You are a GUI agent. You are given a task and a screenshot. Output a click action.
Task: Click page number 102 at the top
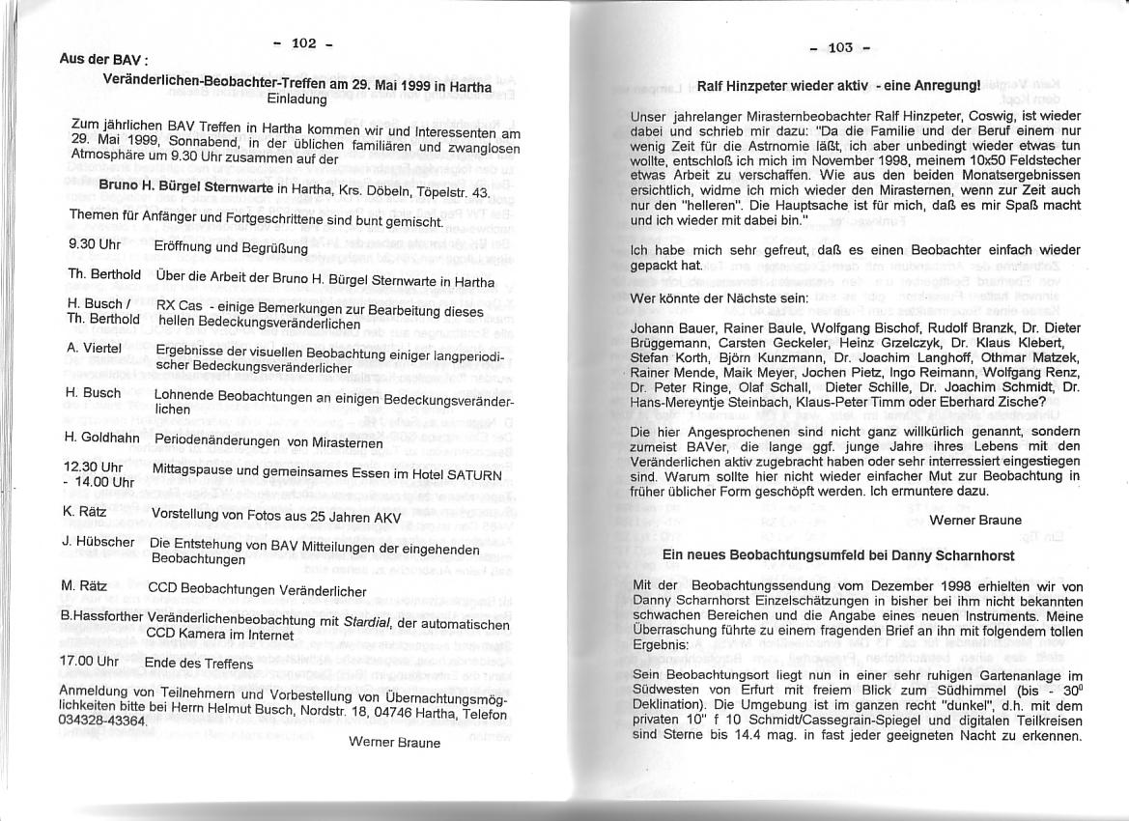pyautogui.click(x=302, y=42)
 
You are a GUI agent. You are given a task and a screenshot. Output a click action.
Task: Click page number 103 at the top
pyautogui.click(x=840, y=47)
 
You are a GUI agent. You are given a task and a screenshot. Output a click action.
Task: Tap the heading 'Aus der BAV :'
pyautogui.click(x=90, y=58)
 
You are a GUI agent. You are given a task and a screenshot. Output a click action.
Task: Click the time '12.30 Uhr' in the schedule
pyautogui.click(x=91, y=466)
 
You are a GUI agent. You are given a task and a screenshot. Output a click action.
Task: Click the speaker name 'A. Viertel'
pyautogui.click(x=94, y=347)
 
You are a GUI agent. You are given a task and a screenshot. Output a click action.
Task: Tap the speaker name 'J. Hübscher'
pyautogui.click(x=98, y=541)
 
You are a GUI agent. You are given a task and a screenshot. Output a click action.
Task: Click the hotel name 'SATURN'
pyautogui.click(x=473, y=476)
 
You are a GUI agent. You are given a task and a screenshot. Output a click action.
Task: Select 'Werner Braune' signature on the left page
pyautogui.click(x=394, y=742)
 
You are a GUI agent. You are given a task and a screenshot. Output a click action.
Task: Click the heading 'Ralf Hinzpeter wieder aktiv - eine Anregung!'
pyautogui.click(x=838, y=85)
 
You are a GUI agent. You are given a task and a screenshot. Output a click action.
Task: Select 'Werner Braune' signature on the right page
pyautogui.click(x=974, y=520)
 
